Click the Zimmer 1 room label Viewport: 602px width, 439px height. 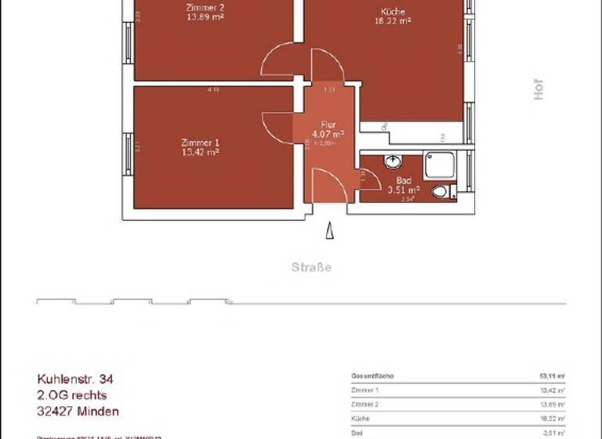tap(199, 143)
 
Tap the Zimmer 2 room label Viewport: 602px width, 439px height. tap(205, 8)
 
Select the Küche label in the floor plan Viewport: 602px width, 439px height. tap(393, 12)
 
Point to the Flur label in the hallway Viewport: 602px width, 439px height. tap(328, 125)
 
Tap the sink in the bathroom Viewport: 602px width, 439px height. tap(393, 162)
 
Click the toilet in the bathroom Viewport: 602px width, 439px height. tap(441, 190)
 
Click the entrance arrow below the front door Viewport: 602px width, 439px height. tap(330, 232)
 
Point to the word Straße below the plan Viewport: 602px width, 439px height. tap(311, 267)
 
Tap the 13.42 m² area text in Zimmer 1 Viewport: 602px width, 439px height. tap(199, 152)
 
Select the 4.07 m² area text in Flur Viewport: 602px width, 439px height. tap(328, 134)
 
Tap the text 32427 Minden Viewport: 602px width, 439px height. tap(78, 411)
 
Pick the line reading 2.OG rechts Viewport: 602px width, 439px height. tap(71, 395)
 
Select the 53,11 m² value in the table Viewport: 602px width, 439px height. tap(552, 376)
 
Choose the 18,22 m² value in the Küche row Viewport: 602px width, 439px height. tap(552, 419)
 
